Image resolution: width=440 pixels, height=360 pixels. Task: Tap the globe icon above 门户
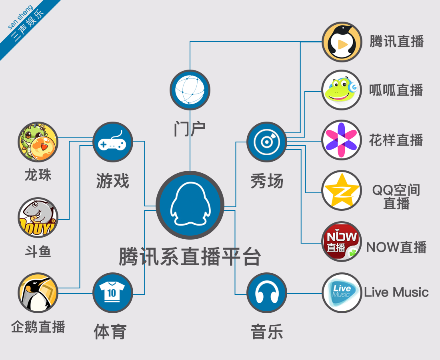coord(190,90)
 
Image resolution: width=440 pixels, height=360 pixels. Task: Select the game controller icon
coord(112,142)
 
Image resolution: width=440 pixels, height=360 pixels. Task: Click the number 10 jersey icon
coord(112,293)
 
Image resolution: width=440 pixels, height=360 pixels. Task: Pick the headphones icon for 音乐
coord(267,293)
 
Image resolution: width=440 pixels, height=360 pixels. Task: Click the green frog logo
coord(342,90)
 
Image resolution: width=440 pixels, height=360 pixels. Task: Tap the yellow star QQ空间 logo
coord(342,190)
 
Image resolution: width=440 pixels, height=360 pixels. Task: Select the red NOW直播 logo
coord(342,242)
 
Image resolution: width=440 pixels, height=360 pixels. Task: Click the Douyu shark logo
coord(38,217)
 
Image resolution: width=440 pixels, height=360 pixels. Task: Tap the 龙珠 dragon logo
coord(38,142)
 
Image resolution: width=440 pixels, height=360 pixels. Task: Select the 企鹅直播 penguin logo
coord(38,293)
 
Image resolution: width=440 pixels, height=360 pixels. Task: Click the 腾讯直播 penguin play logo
coord(342,42)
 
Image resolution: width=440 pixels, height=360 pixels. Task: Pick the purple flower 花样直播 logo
coord(342,140)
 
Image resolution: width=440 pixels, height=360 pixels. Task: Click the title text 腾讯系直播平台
coord(190,256)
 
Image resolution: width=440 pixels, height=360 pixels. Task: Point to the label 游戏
coord(112,181)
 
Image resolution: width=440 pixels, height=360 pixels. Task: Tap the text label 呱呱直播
coord(396,90)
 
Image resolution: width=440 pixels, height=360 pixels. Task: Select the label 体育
coord(110,332)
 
